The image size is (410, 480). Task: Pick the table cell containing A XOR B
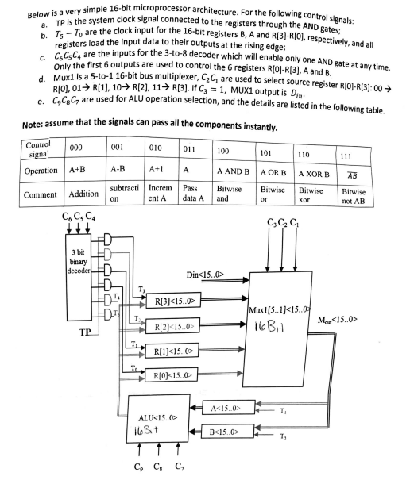[x=312, y=171]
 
